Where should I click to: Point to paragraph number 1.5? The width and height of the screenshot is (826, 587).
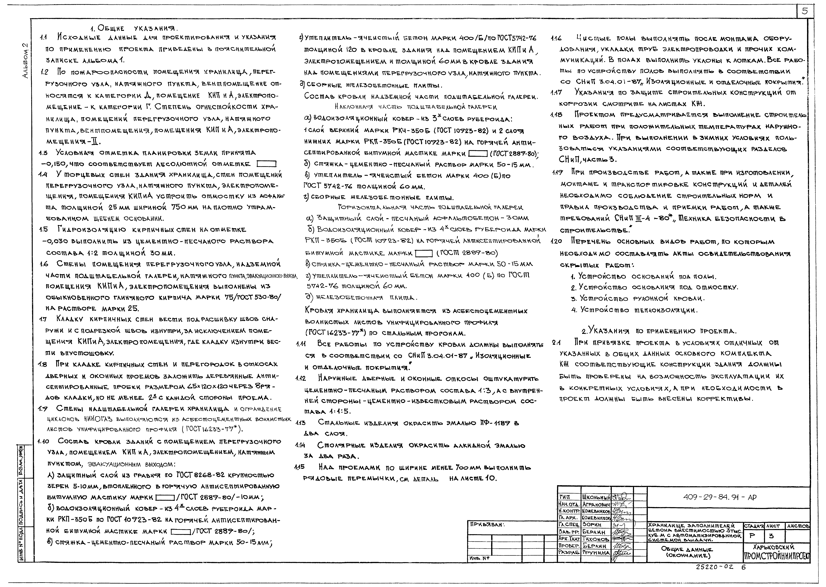click(x=43, y=230)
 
